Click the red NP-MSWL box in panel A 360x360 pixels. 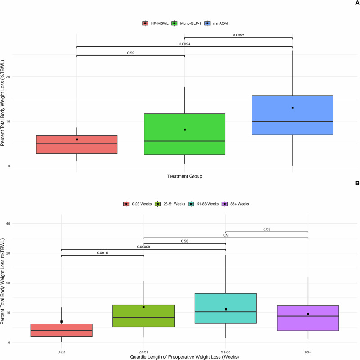pos(76,144)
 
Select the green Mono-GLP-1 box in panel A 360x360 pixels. pos(184,134)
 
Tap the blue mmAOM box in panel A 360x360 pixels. pos(292,115)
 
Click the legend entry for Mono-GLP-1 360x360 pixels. pos(186,23)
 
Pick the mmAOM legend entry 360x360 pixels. pos(216,23)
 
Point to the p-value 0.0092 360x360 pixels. pos(238,35)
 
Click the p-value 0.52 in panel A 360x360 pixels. pos(130,53)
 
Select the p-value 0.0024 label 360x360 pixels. pos(184,44)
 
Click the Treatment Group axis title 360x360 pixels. pos(184,176)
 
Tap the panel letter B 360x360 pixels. pos(357,183)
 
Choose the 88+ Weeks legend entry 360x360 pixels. pos(235,204)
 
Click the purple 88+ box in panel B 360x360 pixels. pos(308,318)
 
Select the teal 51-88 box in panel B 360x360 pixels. pos(226,308)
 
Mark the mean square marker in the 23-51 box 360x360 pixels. pos(144,307)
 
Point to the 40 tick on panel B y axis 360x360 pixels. pos(8,224)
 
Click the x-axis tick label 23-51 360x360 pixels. pos(144,352)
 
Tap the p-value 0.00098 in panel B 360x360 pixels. pos(144,247)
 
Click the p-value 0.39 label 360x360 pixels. pos(267,229)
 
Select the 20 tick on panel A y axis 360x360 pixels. pos(8,77)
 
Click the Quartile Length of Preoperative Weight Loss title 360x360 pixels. pos(184,357)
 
